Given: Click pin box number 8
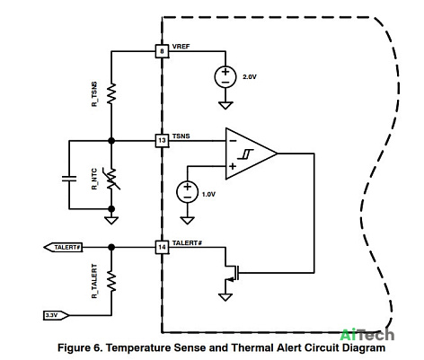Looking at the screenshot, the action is [162, 51].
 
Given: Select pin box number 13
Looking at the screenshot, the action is [162, 140].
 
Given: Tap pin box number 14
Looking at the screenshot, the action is [162, 247].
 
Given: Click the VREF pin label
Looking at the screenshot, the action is [181, 47].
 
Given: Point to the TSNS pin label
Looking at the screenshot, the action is [181, 136].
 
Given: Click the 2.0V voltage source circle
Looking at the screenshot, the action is [225, 77].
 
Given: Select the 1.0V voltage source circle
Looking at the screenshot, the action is [187, 192].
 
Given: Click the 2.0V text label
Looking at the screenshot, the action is [250, 77].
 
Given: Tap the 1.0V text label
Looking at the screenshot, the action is [208, 194].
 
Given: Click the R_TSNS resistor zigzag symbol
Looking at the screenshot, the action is [111, 93].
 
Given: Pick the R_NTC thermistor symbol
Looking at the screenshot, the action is [112, 179].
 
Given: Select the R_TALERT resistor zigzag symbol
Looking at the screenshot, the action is [111, 281].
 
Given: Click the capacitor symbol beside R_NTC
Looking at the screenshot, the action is [69, 179].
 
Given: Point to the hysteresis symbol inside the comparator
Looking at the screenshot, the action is [245, 154].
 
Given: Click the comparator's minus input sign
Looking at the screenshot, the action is [233, 141].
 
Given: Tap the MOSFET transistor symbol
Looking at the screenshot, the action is [232, 272].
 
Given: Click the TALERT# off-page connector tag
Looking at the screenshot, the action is [63, 248].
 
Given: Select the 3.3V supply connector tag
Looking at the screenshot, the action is [56, 315].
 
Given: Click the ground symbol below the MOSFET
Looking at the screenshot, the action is [225, 297].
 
